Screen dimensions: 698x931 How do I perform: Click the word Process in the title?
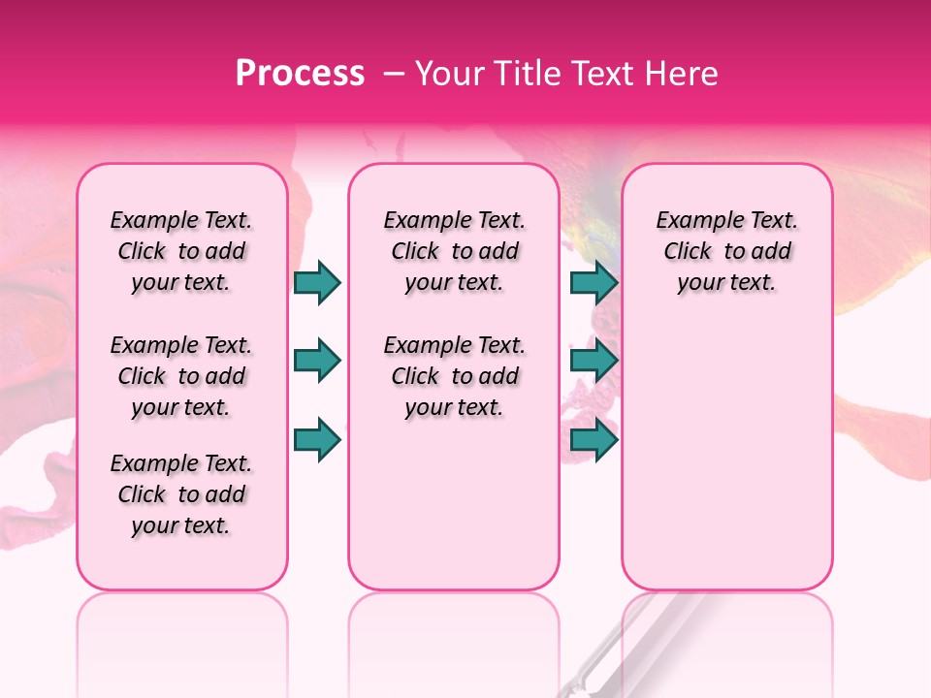300,74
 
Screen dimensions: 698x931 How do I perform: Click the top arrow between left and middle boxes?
317,283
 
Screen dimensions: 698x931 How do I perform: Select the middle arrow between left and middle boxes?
317,362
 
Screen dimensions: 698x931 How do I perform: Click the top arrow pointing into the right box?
594,283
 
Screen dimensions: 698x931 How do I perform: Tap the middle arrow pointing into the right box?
594,362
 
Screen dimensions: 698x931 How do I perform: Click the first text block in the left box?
181,251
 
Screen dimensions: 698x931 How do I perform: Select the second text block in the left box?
181,376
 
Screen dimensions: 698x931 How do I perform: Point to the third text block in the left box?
181,494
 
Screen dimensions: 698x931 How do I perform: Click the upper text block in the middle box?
454,251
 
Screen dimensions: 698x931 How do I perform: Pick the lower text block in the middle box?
454,376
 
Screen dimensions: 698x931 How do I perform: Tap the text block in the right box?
726,251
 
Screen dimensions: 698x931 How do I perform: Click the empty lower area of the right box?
726,456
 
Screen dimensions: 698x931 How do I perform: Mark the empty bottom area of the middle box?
454,514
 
